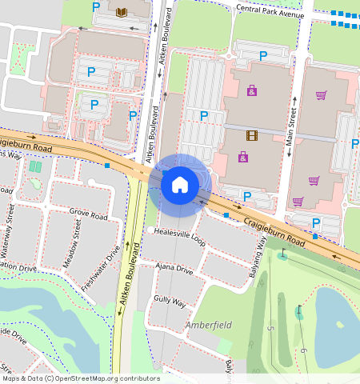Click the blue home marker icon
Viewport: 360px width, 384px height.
[x=180, y=185]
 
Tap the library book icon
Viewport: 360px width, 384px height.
[x=122, y=11]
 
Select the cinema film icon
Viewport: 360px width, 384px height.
[x=253, y=135]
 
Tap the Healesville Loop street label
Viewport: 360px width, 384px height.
[x=180, y=242]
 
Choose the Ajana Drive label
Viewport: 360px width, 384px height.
[x=174, y=269]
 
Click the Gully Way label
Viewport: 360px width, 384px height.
[x=170, y=302]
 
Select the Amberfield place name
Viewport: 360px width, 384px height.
[x=208, y=326]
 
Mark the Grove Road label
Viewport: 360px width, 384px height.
[x=88, y=215]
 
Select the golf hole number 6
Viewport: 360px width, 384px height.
[x=303, y=350]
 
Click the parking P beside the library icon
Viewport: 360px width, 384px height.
[x=96, y=7]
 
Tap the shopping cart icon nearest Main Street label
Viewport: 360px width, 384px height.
[x=321, y=95]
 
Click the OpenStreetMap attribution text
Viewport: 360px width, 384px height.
[x=80, y=378]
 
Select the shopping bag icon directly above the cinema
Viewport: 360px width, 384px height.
[x=252, y=90]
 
